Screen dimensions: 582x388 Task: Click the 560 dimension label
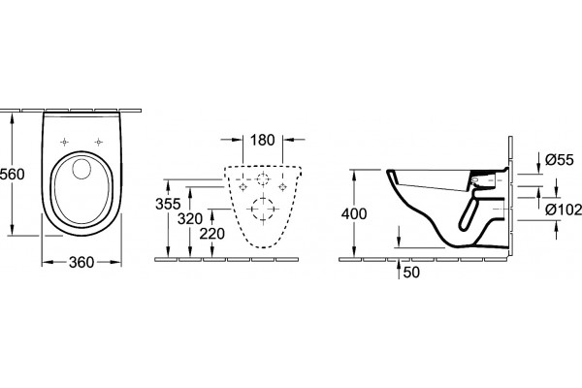click(12, 175)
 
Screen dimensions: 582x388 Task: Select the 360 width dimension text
click(81, 263)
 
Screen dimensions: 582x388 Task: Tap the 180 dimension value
click(263, 140)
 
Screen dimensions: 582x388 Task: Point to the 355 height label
click(168, 204)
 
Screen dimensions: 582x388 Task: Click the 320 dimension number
click(190, 219)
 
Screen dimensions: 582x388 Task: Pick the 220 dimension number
click(211, 234)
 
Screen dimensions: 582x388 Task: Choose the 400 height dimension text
click(354, 213)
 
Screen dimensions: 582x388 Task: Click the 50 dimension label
click(411, 273)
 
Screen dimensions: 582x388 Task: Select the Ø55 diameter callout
click(560, 160)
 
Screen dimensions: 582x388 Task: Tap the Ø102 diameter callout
click(564, 210)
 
